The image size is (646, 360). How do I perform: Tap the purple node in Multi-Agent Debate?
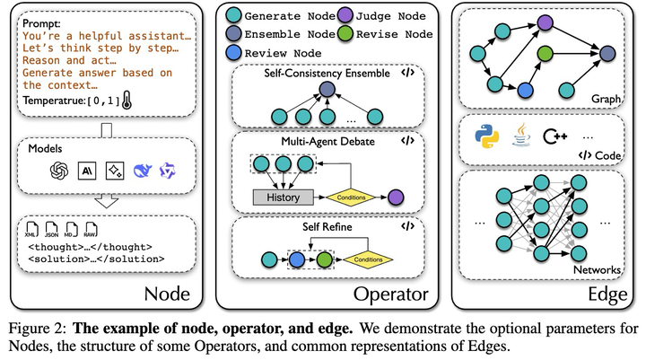coord(394,196)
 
